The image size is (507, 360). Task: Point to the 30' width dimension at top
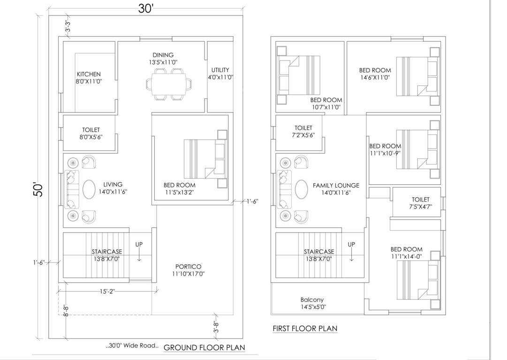click(146, 9)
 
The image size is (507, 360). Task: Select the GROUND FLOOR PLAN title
click(204, 347)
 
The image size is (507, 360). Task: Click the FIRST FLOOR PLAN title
click(305, 329)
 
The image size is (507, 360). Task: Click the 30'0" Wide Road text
click(133, 346)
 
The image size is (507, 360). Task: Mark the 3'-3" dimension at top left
click(68, 27)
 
